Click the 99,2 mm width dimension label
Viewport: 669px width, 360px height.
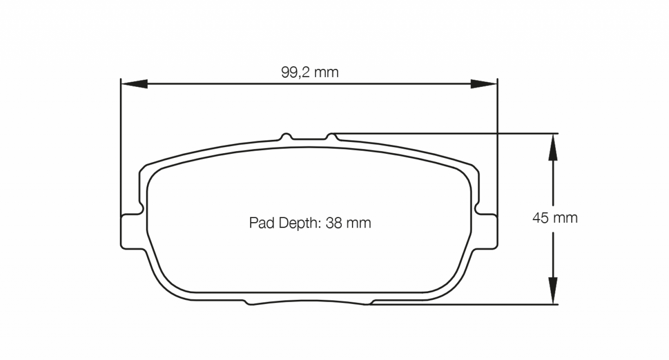click(x=310, y=72)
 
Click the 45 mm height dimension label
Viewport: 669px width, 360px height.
click(x=555, y=218)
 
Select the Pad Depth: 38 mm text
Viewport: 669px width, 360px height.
click(x=310, y=223)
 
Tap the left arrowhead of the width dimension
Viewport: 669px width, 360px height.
click(x=134, y=84)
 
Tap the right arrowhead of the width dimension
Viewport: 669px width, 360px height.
click(x=484, y=84)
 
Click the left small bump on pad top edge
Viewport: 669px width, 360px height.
click(x=287, y=136)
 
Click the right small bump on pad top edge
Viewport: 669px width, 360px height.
click(x=331, y=136)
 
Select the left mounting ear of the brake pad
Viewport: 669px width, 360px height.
click(x=131, y=230)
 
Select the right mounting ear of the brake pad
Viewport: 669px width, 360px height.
click(x=488, y=230)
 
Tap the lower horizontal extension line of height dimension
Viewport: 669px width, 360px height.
click(x=463, y=304)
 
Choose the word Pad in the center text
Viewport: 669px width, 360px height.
click(x=259, y=223)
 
